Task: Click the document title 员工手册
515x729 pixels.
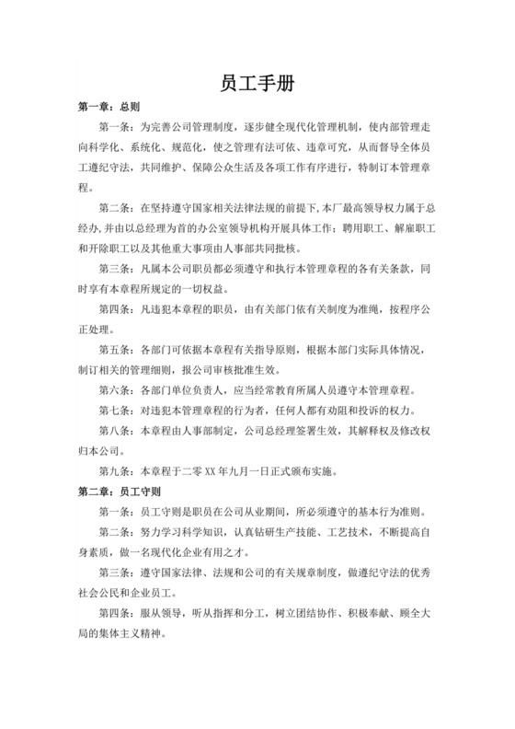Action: [257, 83]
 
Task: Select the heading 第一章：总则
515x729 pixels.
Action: [108, 107]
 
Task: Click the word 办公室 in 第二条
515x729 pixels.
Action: [217, 228]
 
